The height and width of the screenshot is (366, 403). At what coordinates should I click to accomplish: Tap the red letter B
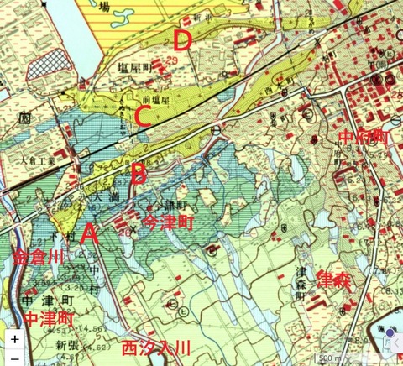tap(139, 175)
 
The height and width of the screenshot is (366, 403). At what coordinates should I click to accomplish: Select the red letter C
tap(143, 117)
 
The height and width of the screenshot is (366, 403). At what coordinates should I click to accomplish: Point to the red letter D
tap(183, 39)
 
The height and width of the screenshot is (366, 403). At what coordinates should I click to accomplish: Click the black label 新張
tap(66, 345)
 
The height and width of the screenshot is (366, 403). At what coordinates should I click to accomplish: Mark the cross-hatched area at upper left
tap(46, 63)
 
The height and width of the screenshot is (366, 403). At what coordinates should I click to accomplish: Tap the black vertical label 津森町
tap(300, 283)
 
